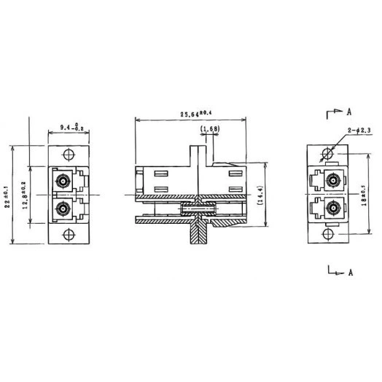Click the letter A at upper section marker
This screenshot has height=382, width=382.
point(350,112)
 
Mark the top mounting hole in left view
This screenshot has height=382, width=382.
point(68,155)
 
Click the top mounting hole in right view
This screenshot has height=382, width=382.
point(327,154)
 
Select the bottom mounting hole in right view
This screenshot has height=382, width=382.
point(327,234)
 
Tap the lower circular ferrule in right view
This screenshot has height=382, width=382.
point(335,210)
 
